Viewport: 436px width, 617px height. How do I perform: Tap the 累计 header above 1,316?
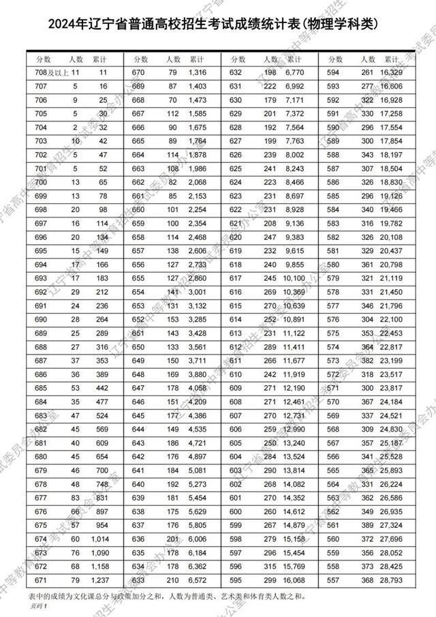click(197, 59)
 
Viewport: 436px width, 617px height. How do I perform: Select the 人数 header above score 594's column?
click(369, 59)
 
